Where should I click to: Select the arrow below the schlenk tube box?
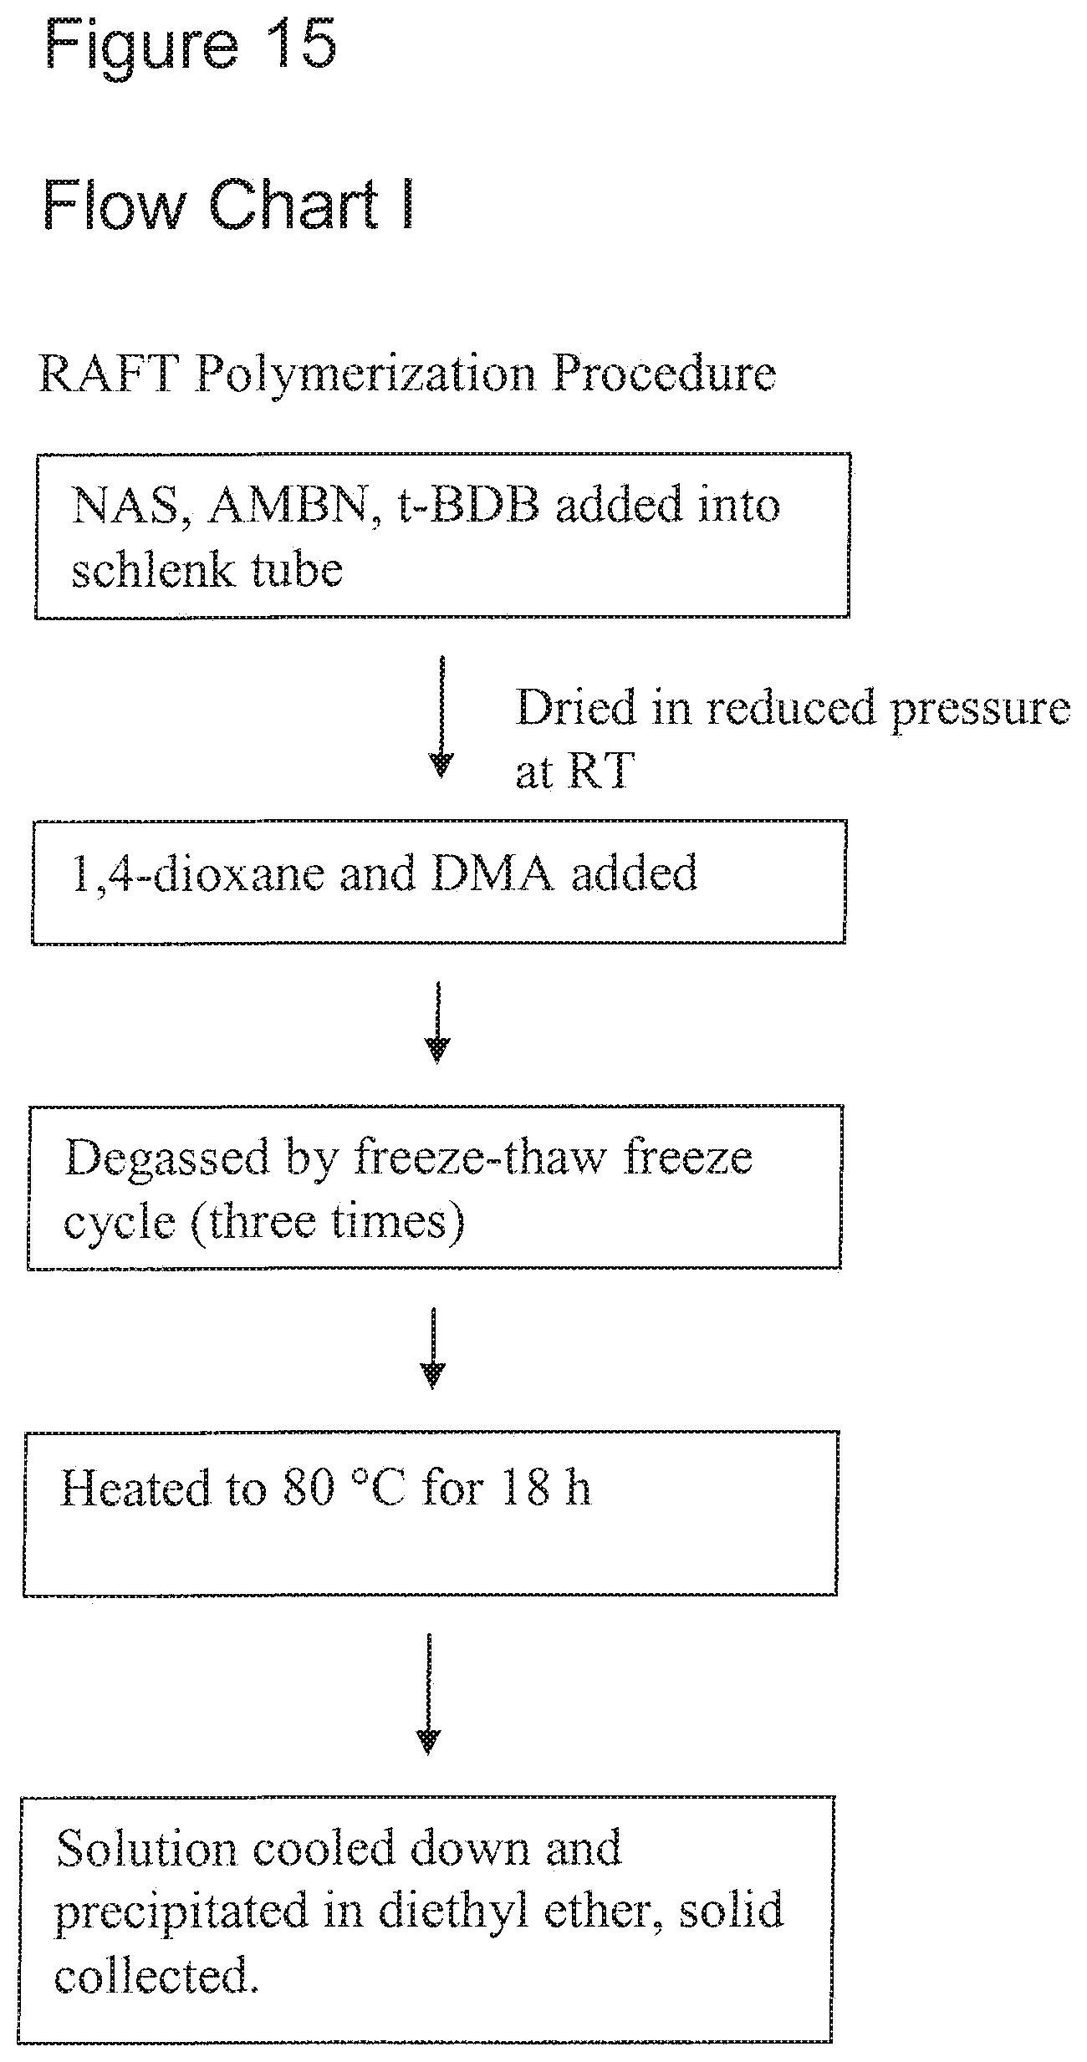coord(441,718)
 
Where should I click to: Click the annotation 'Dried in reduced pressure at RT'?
coord(793,738)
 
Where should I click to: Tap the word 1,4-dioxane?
coord(196,874)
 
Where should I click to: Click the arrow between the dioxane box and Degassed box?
coord(437,1022)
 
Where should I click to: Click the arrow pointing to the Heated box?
coord(432,1348)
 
